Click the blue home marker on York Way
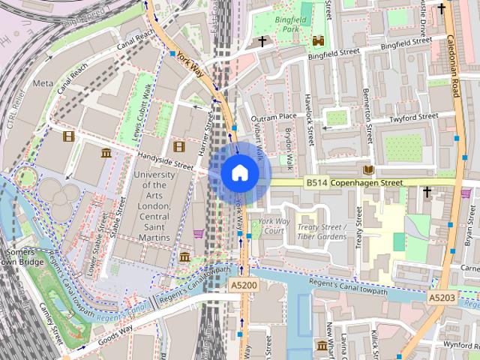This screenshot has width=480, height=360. (239, 172)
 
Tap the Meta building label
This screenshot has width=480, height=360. (43, 83)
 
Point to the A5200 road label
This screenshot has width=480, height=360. (243, 286)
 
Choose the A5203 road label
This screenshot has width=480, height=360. (442, 298)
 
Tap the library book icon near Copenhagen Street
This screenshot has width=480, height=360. (368, 169)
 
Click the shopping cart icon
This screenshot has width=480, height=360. (198, 233)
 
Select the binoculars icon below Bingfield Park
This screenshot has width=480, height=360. (318, 42)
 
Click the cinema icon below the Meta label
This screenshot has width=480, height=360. (69, 136)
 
